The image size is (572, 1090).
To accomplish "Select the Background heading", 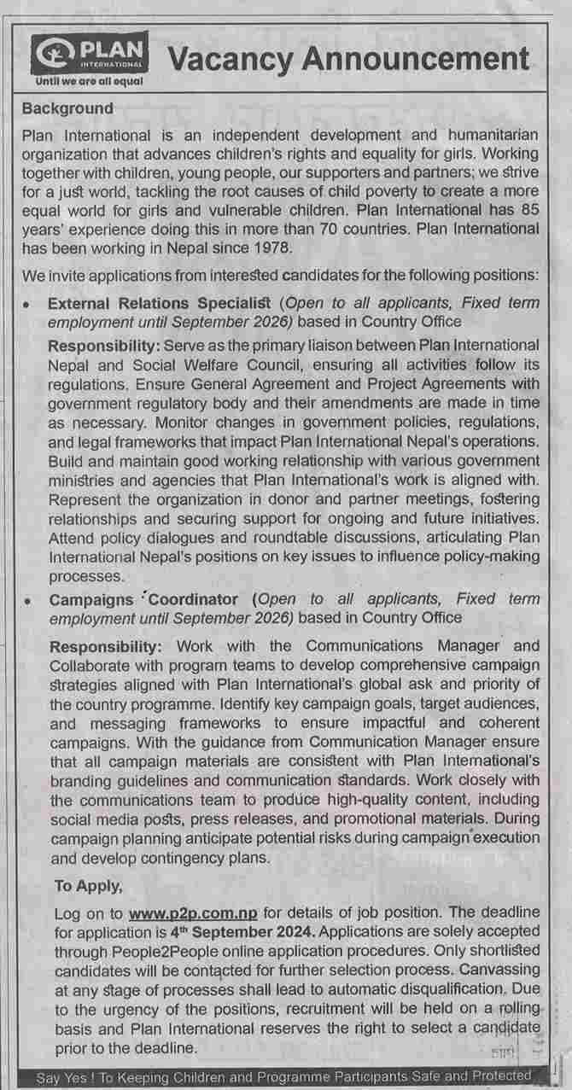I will (x=67, y=108).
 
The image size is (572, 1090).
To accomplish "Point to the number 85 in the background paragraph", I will (x=530, y=209).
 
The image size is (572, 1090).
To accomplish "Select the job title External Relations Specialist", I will (x=160, y=303).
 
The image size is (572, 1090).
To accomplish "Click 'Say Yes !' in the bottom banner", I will (x=67, y=1078).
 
